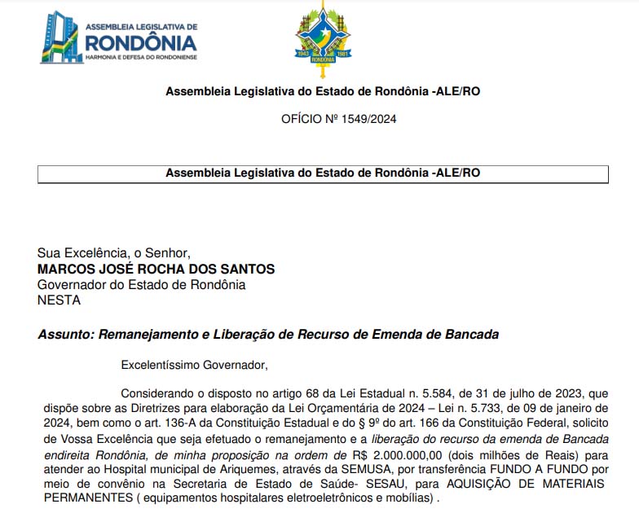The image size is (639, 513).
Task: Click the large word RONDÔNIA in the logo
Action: [x=140, y=42]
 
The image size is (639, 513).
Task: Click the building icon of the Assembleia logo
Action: [x=61, y=37]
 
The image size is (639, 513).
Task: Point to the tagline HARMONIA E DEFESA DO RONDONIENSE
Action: [x=140, y=57]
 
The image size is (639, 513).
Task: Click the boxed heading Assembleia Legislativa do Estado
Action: [x=323, y=173]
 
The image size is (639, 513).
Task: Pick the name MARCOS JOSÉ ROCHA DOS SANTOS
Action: [x=156, y=269]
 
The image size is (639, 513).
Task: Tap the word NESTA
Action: [x=59, y=300]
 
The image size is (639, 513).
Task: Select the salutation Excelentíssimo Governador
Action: [x=194, y=364]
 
